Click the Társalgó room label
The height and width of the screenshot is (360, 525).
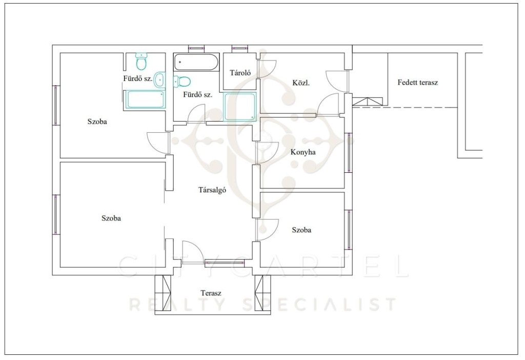tap(212, 190)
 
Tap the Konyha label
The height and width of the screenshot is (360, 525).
tap(302, 152)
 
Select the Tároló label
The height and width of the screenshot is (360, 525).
tap(240, 73)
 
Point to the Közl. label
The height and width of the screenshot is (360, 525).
tap(300, 83)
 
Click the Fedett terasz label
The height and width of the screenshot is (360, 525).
tap(417, 83)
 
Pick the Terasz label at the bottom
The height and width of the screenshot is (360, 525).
tap(211, 293)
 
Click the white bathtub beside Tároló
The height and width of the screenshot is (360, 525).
tap(196, 62)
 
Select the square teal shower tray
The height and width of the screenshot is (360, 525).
tap(240, 106)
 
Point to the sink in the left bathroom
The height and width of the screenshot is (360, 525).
tap(160, 79)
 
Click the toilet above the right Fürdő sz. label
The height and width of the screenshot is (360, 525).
tap(182, 81)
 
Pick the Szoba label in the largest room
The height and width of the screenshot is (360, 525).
tap(111, 218)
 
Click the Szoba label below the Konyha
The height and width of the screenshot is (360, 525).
tap(301, 230)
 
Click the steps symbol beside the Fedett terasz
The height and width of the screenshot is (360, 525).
tap(367, 102)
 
